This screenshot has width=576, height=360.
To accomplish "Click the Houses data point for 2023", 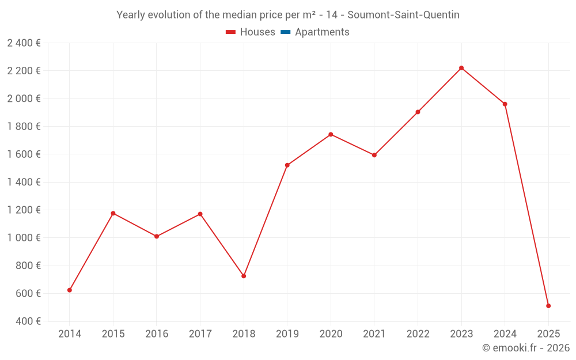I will tap(461, 68).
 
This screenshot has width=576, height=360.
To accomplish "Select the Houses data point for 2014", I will tap(70, 290).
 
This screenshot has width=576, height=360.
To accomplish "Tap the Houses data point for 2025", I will tap(548, 306).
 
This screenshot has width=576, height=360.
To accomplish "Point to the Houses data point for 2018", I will tap(244, 276).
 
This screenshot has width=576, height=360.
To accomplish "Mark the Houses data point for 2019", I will tap(287, 165).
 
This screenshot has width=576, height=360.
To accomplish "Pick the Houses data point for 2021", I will tap(374, 155).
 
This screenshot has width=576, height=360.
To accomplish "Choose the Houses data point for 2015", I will tap(113, 213).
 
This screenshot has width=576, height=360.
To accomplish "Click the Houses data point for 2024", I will tap(505, 104).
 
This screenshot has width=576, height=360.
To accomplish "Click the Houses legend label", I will tap(257, 32).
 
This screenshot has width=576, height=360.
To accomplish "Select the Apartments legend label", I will tap(322, 32).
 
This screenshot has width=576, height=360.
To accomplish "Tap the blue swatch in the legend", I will tap(285, 32).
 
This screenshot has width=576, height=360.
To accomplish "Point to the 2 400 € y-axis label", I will tap(24, 43).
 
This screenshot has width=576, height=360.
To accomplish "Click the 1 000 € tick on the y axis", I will tap(24, 238).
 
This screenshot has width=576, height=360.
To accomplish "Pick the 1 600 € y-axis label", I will tap(24, 154).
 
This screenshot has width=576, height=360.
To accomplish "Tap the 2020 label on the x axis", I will tap(331, 334).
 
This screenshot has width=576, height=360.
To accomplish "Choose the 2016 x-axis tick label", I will tap(157, 334).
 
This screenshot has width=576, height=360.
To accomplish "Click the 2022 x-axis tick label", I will tap(418, 334).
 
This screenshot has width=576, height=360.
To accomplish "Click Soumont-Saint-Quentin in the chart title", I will tap(403, 15).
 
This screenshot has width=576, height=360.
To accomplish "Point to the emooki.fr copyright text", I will tap(526, 348).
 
